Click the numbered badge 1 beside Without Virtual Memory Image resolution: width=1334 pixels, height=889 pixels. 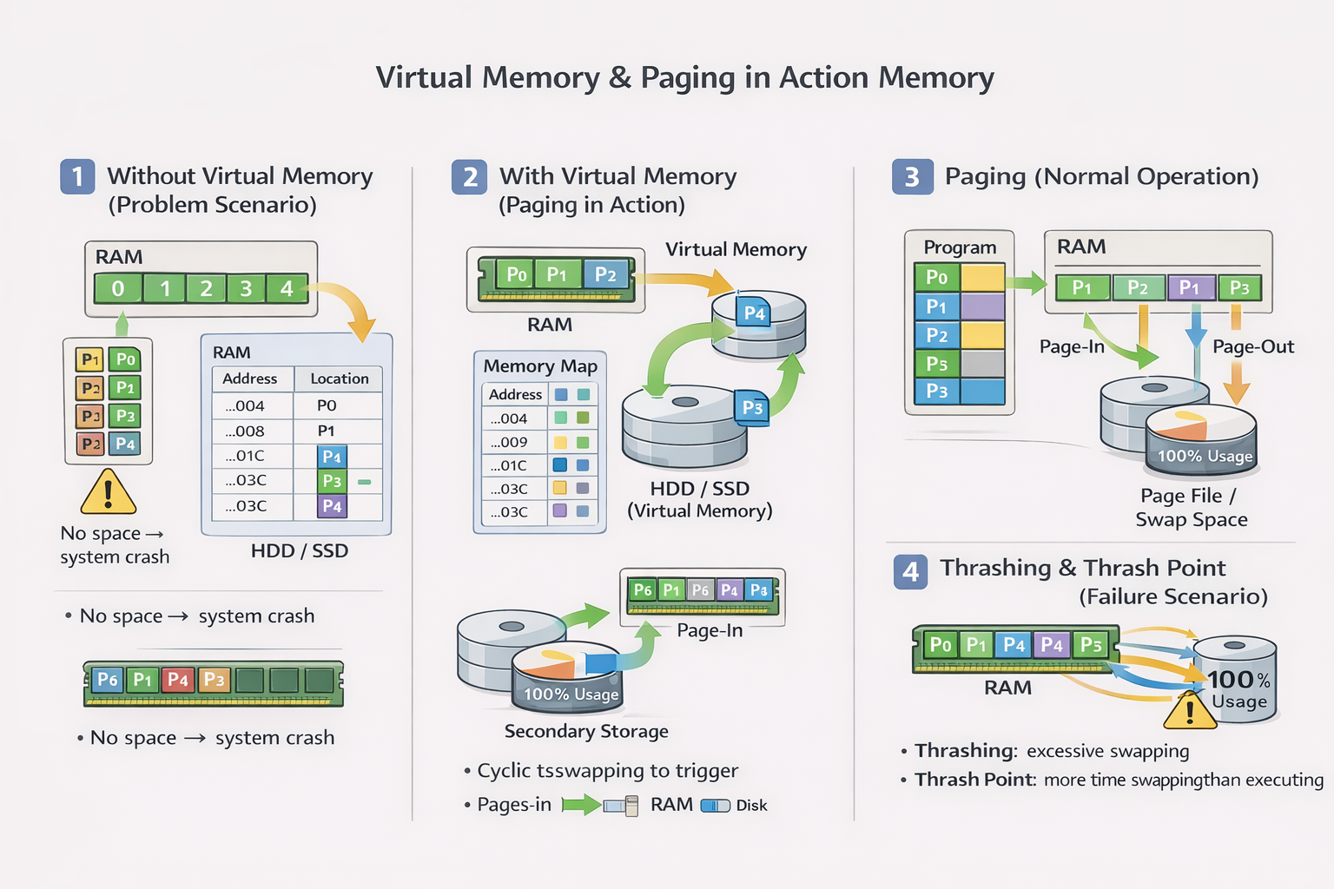tap(77, 176)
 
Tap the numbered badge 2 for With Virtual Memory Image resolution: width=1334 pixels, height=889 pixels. tap(469, 177)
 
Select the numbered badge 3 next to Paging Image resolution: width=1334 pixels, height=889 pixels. tap(912, 177)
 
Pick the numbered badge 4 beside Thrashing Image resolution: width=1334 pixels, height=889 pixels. tap(910, 572)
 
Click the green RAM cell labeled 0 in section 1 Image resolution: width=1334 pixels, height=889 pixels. tap(118, 288)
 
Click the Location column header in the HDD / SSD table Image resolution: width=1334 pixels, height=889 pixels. tap(339, 379)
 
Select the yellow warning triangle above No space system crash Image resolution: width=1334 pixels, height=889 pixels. tap(108, 493)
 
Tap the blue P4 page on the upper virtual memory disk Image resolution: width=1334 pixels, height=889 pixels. tap(754, 313)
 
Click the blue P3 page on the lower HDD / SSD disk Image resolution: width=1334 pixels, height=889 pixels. tap(752, 407)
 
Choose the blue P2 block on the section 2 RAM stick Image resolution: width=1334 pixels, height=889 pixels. tap(605, 275)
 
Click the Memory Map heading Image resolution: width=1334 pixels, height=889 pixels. tap(540, 366)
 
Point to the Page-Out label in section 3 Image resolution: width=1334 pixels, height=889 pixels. tap(1252, 346)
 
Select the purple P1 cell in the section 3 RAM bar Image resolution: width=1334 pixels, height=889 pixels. tap(1189, 287)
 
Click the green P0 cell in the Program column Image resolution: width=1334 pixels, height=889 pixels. tap(936, 277)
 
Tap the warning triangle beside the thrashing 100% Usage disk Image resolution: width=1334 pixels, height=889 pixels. tap(1190, 711)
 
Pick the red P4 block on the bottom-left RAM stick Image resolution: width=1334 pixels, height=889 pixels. tap(178, 680)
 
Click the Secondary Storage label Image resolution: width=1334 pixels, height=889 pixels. tap(586, 731)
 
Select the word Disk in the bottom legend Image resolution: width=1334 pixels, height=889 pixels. tap(751, 806)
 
